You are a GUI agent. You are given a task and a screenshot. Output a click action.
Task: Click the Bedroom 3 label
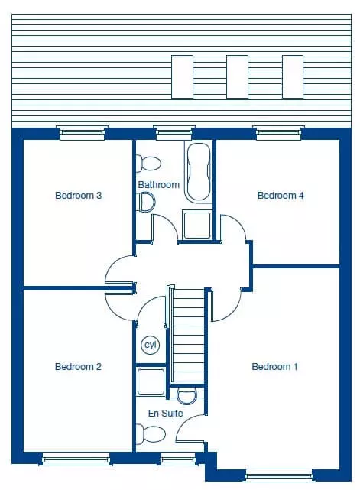point(79,196)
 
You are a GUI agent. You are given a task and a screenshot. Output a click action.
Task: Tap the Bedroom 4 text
point(281,196)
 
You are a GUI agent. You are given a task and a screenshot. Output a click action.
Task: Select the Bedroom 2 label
point(78,367)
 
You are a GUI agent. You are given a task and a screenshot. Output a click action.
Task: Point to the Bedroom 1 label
point(274,367)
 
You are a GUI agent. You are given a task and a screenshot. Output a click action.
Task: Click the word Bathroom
point(159,185)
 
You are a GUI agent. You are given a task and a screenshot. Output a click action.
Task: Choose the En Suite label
point(165,414)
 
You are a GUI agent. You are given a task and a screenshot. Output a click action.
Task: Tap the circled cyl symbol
point(151,345)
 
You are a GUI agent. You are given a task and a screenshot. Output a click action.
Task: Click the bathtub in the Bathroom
point(199,172)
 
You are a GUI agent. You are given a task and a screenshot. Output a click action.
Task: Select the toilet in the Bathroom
point(148,163)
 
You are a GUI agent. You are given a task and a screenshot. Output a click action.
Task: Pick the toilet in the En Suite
point(151,434)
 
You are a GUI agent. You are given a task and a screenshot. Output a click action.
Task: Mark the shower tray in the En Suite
point(151,382)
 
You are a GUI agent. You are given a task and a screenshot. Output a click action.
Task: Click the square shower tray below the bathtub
point(197,225)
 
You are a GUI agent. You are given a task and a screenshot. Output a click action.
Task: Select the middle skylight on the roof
point(237,77)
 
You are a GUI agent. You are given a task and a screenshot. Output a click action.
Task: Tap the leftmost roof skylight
point(182,77)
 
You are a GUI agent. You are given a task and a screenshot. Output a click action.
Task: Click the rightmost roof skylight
point(293,77)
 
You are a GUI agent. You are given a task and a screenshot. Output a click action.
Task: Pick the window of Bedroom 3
point(83,133)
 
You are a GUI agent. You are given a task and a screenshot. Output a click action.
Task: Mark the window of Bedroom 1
point(279,475)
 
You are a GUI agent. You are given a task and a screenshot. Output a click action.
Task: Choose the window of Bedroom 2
point(76,459)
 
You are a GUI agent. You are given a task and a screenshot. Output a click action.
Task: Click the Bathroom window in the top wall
point(174,133)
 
